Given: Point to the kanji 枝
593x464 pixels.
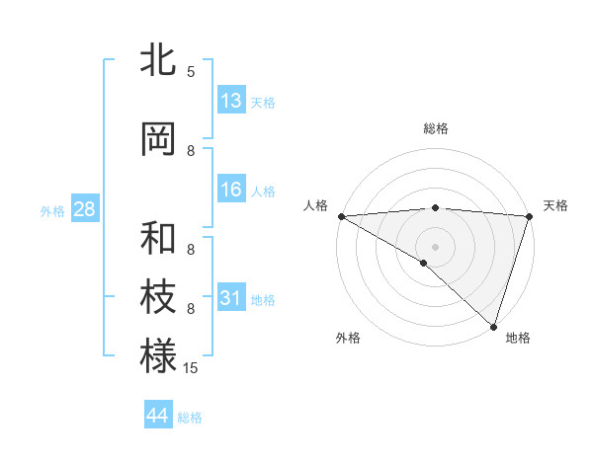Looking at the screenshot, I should [x=158, y=297].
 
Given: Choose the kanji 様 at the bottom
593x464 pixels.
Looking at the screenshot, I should [x=158, y=355].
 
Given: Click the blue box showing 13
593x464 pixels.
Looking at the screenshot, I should [x=231, y=101].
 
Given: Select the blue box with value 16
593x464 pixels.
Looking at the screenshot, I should [x=231, y=191].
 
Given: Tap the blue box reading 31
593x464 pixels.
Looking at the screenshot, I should [x=231, y=298].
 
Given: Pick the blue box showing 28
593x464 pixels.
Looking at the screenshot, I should [x=84, y=210].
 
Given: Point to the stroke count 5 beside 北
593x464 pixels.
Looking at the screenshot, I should [x=191, y=72].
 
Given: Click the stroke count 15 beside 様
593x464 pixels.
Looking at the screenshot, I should [x=191, y=368].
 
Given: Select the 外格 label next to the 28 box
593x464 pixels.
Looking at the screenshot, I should [x=52, y=211].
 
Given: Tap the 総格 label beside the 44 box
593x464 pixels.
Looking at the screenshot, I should [x=190, y=418].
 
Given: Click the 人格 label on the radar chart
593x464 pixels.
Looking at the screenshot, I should [x=315, y=205].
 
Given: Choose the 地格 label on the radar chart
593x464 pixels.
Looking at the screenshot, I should [x=518, y=338].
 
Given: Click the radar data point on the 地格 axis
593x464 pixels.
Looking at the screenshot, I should [x=493, y=326].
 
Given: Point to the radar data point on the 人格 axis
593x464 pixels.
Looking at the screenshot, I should [x=341, y=215].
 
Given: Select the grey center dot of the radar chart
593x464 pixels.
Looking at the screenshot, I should [x=435, y=246].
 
